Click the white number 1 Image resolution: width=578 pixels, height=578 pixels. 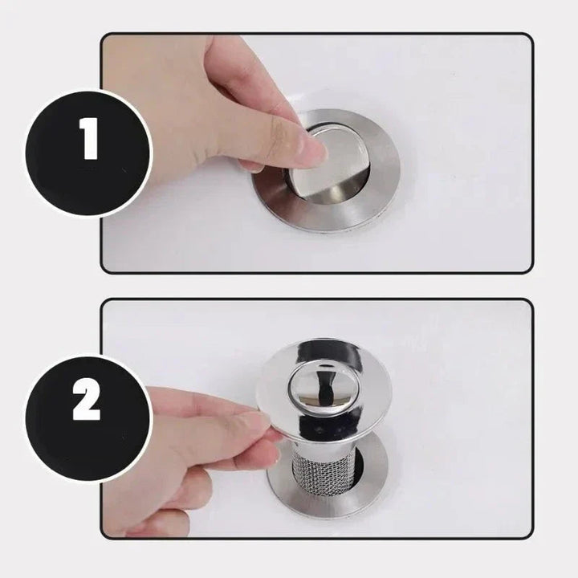pyautogui.click(x=89, y=140)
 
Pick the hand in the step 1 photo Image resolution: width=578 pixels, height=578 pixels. pyautogui.click(x=201, y=112)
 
